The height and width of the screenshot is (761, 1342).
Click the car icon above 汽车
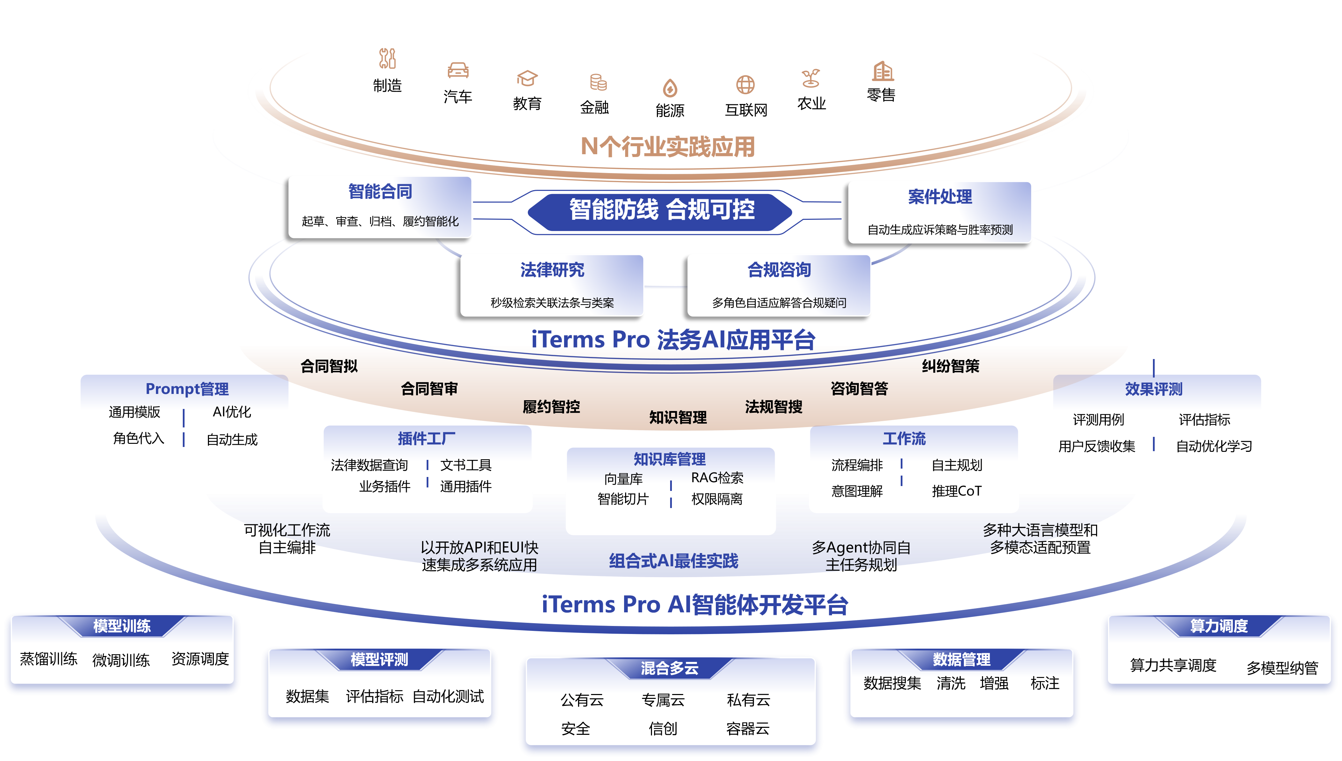(x=458, y=70)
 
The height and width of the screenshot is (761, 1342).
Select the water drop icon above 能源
(x=670, y=88)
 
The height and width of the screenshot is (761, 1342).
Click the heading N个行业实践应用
(x=668, y=146)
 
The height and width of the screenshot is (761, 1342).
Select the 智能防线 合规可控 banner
(x=661, y=210)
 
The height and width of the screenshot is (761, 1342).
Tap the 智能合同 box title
(x=380, y=192)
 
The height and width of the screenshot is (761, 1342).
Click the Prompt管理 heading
(x=187, y=389)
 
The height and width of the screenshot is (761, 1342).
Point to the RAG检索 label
(x=717, y=478)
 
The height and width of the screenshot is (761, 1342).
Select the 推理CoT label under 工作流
(x=957, y=491)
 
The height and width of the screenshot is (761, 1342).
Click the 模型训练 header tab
(x=122, y=626)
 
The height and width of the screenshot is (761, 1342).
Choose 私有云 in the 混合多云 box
(x=748, y=700)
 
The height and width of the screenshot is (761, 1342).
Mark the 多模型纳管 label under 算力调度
(x=1282, y=668)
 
